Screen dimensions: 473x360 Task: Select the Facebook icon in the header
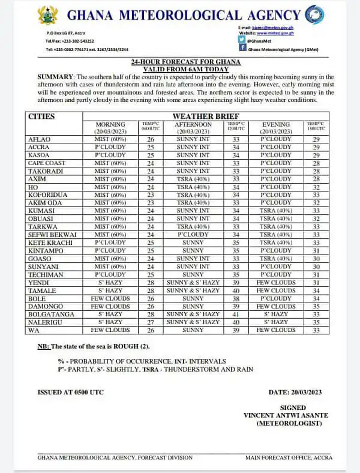click(x=241, y=47)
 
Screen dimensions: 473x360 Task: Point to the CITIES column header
click(x=42, y=116)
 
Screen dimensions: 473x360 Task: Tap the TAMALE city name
click(x=40, y=291)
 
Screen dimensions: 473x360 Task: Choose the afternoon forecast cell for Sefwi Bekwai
click(x=193, y=235)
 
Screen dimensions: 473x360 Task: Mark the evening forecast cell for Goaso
click(x=275, y=259)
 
